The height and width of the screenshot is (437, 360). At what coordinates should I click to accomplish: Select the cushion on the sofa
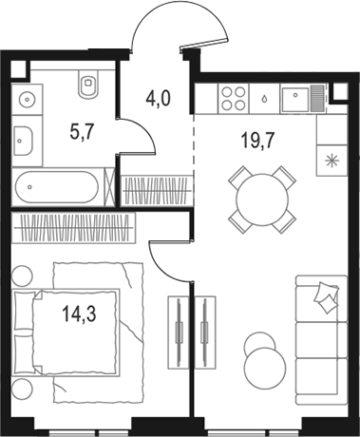[326, 297]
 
